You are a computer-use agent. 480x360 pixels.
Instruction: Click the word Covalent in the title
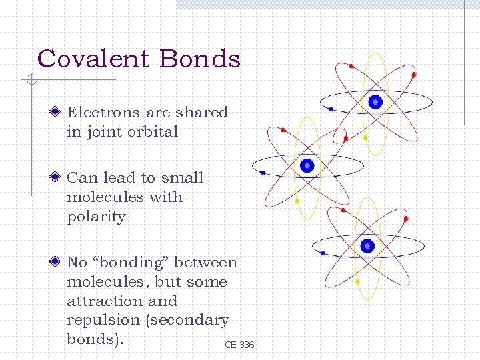tap(94, 59)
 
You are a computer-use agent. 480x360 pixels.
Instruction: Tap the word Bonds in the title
tap(199, 59)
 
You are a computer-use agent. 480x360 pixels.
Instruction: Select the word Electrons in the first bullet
tap(103, 112)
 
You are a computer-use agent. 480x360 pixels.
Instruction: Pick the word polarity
tap(96, 217)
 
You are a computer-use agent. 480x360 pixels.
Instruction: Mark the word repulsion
tap(103, 320)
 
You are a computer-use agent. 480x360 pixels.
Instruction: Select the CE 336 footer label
tap(239, 345)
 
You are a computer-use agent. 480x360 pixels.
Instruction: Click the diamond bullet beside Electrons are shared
tap(58, 112)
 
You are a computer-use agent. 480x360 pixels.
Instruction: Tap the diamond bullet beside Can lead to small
tap(58, 177)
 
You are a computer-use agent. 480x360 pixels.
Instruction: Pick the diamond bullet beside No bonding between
tap(58, 263)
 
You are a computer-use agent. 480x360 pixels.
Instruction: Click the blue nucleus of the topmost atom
tap(375, 102)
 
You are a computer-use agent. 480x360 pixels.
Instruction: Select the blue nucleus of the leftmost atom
tap(307, 165)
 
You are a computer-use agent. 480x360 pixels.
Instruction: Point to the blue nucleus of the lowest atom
tap(367, 246)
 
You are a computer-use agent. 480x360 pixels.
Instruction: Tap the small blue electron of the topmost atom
tap(331, 109)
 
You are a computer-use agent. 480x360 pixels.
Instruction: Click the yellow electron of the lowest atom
tap(357, 281)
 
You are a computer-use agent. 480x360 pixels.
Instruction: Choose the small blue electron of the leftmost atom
tap(263, 173)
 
